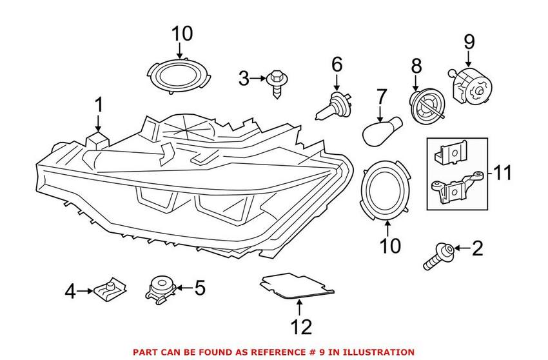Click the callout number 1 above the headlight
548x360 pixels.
coord(99,105)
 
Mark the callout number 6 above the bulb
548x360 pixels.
coord(337,64)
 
